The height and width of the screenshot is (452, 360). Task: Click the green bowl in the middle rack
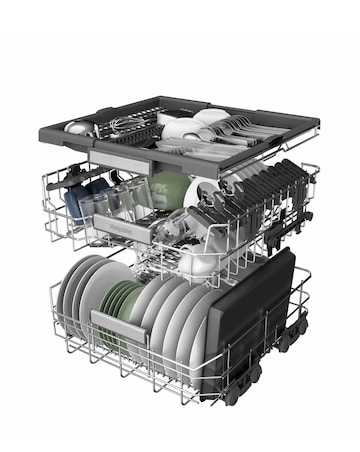pyautogui.click(x=169, y=189)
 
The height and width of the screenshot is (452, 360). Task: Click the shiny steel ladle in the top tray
pyautogui.click(x=81, y=127)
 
